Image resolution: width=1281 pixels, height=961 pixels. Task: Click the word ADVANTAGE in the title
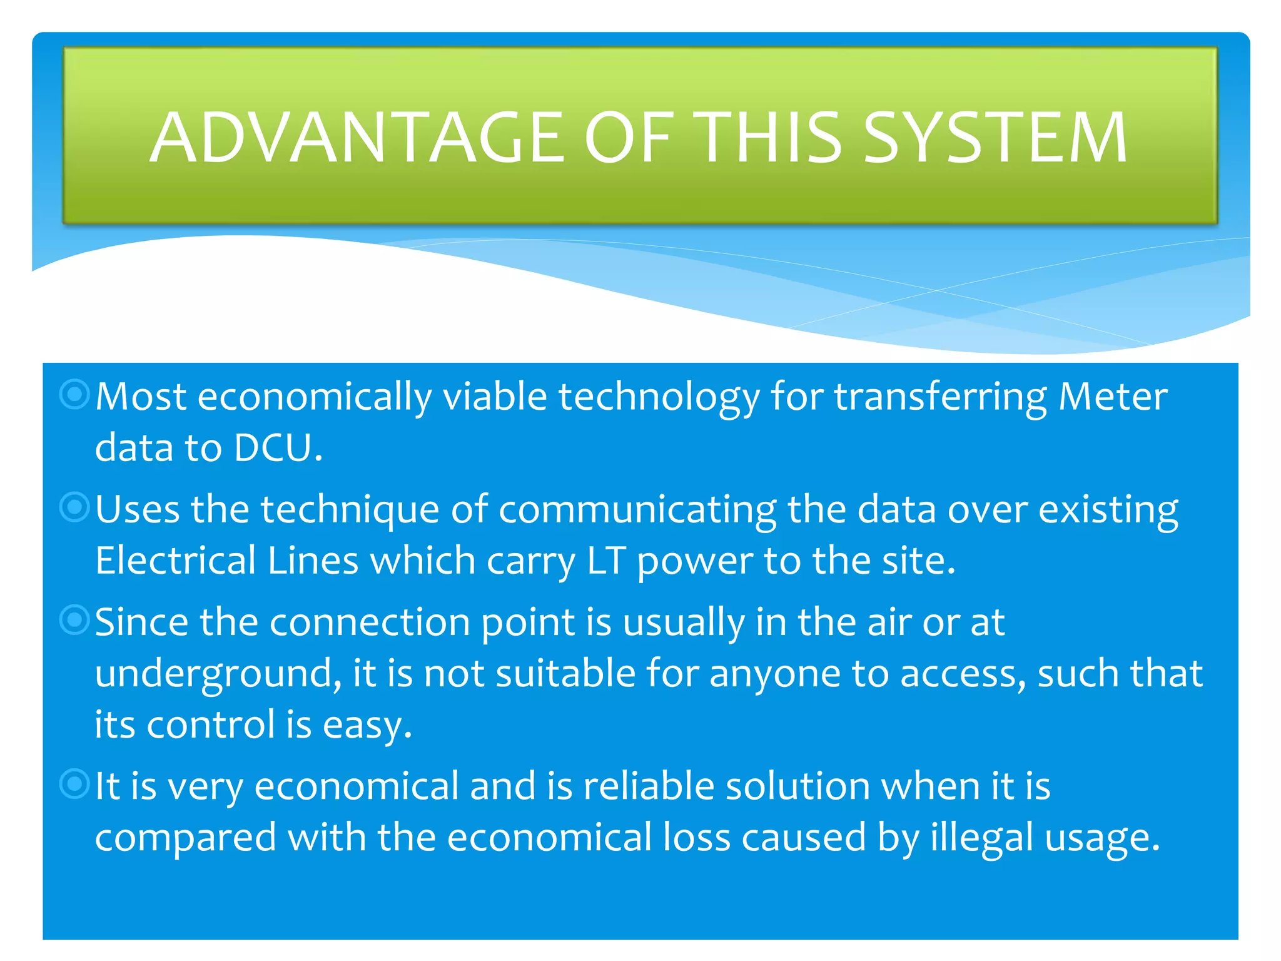pyautogui.click(x=357, y=138)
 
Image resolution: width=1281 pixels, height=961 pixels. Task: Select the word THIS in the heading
pyautogui.click(x=770, y=138)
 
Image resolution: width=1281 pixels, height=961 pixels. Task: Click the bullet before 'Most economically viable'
pyautogui.click(x=74, y=394)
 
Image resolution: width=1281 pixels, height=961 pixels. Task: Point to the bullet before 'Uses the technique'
pyautogui.click(x=74, y=507)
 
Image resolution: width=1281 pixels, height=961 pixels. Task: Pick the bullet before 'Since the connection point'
pyautogui.click(x=74, y=620)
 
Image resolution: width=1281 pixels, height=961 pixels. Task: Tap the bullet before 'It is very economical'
pyautogui.click(x=74, y=784)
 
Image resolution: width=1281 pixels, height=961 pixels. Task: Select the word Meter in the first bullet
pyautogui.click(x=1113, y=397)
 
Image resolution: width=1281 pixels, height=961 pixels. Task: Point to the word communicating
pyautogui.click(x=637, y=511)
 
